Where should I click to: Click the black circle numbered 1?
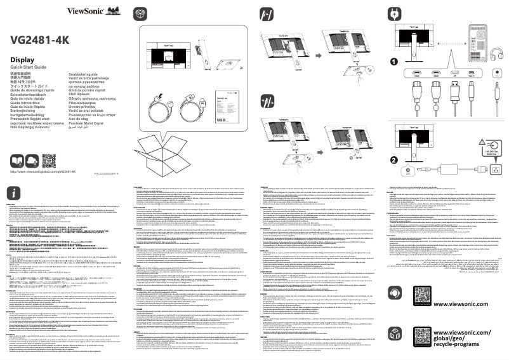tap(395, 62)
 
